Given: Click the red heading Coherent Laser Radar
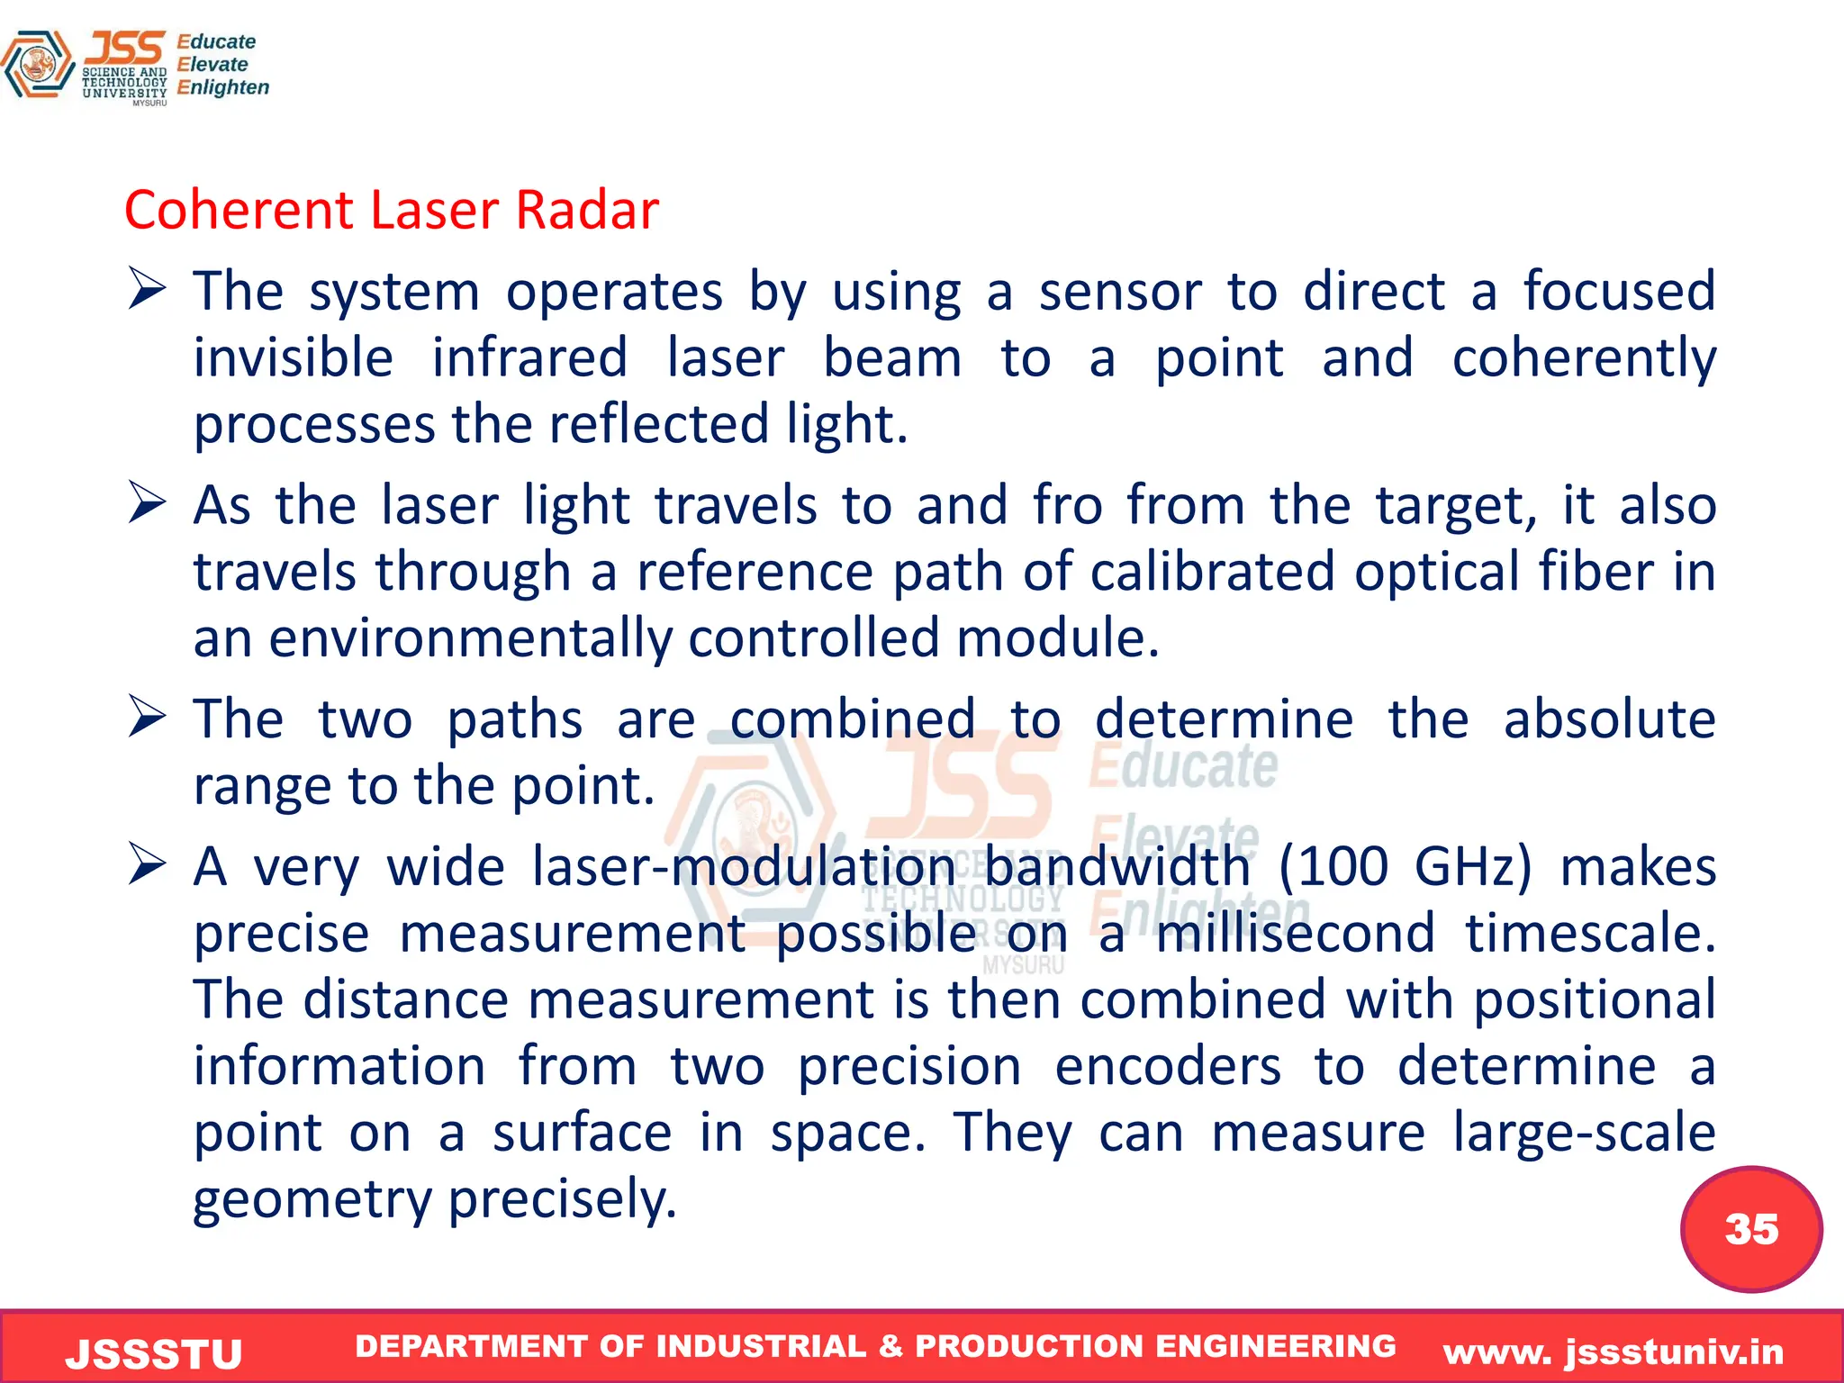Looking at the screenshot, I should tap(392, 211).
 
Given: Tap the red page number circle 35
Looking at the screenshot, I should tap(1750, 1229).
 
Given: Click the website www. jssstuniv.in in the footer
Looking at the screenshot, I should tap(1613, 1351).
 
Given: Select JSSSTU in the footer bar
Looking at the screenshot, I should tap(154, 1353).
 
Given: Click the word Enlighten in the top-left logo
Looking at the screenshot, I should tap(222, 87).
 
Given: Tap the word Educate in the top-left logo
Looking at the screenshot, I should tap(216, 41).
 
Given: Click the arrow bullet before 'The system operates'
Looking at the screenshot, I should tap(147, 290).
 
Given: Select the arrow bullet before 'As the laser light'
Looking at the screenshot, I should tap(147, 502).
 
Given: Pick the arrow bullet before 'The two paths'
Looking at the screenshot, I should tap(147, 717).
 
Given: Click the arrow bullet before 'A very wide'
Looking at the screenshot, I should tap(147, 864).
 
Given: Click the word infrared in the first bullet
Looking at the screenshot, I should tap(529, 357).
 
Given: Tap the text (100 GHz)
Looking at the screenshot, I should tap(1406, 866).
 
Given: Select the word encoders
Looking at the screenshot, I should tap(1167, 1066).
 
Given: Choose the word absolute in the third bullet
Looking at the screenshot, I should tap(1609, 719).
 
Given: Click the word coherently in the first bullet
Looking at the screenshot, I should tap(1584, 359).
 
